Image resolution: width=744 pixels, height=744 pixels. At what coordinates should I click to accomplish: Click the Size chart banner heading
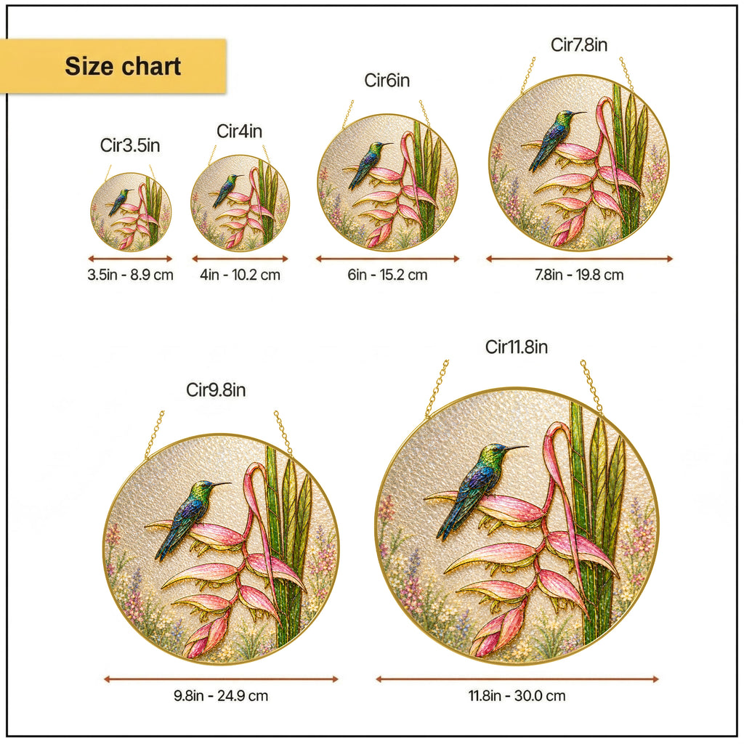pos(123,66)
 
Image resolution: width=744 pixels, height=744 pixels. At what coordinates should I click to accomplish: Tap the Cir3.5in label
pos(130,145)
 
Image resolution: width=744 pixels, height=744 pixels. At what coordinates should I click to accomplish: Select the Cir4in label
pos(240,131)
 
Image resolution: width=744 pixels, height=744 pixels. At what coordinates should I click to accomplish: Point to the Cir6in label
pos(387,80)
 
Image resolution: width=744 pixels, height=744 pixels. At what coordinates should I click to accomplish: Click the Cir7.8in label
pos(579,44)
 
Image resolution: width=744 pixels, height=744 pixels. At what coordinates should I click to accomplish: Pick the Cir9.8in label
pos(216,390)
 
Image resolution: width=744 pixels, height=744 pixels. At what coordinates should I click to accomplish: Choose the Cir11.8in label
pos(517,347)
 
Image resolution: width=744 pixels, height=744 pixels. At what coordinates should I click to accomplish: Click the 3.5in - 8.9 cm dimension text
pos(131,275)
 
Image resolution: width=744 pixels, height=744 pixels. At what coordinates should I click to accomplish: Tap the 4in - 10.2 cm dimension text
pos(240,275)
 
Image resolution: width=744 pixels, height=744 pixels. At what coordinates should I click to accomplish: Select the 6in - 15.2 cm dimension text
pos(388,275)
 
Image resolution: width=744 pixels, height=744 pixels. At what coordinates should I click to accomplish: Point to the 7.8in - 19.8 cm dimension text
pos(579,275)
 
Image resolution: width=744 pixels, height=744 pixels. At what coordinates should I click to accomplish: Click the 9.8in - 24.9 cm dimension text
pos(221,695)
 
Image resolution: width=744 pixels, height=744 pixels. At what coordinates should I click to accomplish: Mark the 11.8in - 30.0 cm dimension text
pos(517,695)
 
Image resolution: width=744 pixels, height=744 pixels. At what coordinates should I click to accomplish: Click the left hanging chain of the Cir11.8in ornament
pos(437,389)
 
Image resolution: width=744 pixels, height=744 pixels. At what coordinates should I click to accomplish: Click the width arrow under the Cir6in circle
pos(388,259)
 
